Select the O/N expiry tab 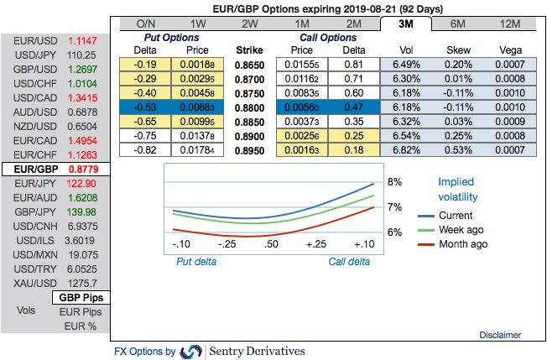(x=144, y=23)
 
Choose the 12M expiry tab (x=508, y=23)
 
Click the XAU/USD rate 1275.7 (x=81, y=283)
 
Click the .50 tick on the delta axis (x=271, y=244)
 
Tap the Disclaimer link (x=500, y=335)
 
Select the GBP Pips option (x=81, y=298)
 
